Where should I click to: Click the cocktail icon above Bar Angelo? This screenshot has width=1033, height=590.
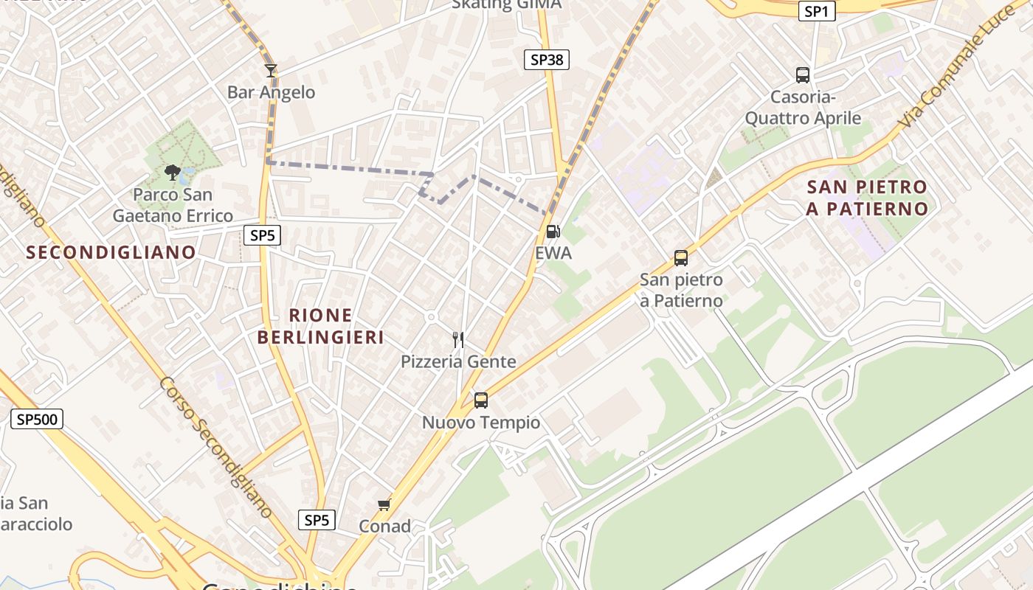coord(271,71)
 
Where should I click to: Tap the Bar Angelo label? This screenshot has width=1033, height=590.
coord(271,92)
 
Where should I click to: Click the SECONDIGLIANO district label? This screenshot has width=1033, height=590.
coord(111,252)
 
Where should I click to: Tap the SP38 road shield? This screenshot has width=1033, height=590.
coord(547,60)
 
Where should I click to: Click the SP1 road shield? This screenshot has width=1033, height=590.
coord(817,11)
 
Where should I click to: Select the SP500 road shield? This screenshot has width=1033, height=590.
coord(37,420)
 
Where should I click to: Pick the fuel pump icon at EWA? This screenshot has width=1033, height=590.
coord(553,232)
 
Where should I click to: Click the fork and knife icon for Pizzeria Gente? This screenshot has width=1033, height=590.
coord(458,340)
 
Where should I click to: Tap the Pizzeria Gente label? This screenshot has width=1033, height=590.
coord(458,361)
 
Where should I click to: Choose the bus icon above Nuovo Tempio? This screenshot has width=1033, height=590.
coord(481,400)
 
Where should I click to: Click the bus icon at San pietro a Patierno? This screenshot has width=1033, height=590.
coord(681,258)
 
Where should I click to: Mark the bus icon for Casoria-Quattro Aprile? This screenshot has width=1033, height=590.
coord(803,74)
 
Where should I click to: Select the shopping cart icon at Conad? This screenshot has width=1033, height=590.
coord(384,505)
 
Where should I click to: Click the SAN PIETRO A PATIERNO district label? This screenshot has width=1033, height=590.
coord(867,198)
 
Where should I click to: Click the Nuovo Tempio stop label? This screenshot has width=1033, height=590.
coord(481,423)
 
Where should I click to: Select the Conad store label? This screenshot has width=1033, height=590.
coord(384,526)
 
